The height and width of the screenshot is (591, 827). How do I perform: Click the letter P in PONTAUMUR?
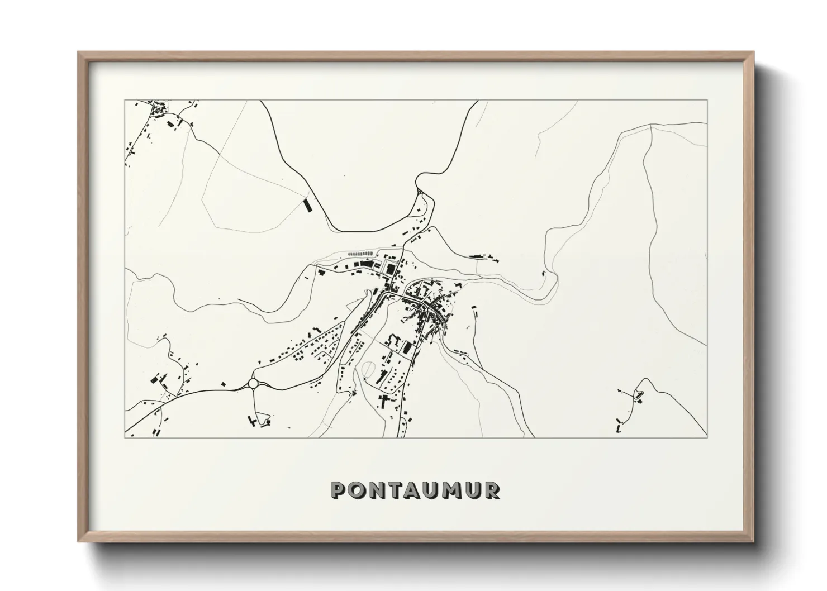[x=339, y=490]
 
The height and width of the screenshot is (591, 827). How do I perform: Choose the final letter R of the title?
[x=492, y=490]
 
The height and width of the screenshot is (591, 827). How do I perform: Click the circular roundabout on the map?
[x=254, y=384]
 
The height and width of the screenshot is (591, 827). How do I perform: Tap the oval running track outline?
[x=369, y=369]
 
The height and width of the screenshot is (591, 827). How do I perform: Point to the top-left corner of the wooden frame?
[x=79, y=53]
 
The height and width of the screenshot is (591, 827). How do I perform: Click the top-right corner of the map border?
[x=707, y=101]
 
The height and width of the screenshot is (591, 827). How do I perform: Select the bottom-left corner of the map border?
[x=125, y=437]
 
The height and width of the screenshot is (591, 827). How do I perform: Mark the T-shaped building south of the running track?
[x=384, y=400]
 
